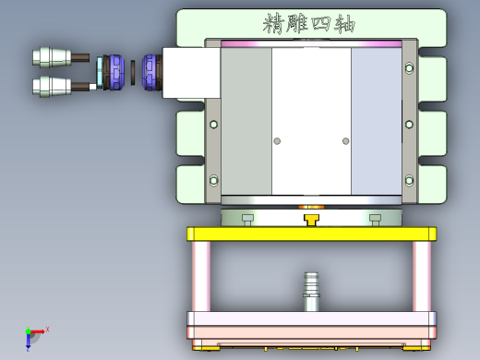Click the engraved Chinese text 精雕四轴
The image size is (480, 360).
coord(309,22)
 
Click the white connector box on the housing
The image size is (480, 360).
coord(190,73)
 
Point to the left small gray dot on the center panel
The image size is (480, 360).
coord(275,141)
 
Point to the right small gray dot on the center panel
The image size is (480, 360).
coord(346,141)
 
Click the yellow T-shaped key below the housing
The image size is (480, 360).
coord(311,220)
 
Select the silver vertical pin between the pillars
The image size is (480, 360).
coord(311,291)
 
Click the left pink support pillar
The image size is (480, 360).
coord(201,276)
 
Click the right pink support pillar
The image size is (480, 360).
coord(422,276)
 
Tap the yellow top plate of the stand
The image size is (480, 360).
coord(311,234)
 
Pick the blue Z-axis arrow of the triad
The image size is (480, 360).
coord(29,344)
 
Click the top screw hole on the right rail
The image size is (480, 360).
coord(409,66)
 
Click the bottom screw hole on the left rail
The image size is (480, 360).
coord(214,180)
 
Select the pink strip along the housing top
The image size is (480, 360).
coord(311,43)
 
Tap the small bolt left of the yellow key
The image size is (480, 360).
coord(247,218)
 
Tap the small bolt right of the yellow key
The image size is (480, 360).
coord(375,218)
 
